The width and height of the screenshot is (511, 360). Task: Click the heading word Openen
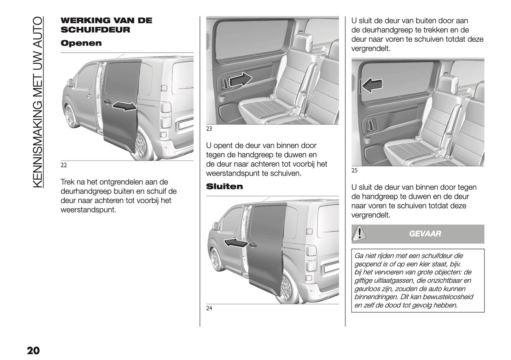coord(81,43)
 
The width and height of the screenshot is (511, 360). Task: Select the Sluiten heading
coord(224,186)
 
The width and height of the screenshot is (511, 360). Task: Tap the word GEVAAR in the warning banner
coord(425,234)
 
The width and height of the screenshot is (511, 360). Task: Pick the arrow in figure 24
coord(235,243)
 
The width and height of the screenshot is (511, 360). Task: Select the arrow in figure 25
coord(372,85)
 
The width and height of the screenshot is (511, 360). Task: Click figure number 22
coord(64,165)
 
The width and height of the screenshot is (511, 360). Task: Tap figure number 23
coord(209,129)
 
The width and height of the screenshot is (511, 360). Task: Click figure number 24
coord(209,308)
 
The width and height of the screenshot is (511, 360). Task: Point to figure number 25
coord(354,170)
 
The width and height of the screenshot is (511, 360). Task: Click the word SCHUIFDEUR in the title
coord(95,30)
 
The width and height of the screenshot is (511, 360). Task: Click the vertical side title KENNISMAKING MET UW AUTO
coord(37,103)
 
